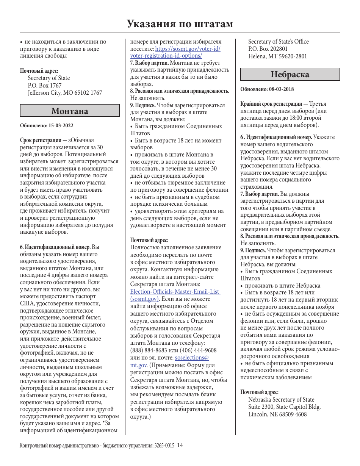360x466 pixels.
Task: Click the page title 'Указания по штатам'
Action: click(x=180, y=24)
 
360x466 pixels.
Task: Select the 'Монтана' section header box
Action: click(x=70, y=111)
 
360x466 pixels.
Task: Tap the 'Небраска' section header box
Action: click(x=290, y=74)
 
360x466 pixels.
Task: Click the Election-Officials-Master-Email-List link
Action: click(x=175, y=292)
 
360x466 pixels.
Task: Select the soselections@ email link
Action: click(x=191, y=358)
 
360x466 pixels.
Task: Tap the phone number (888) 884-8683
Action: click(x=147, y=350)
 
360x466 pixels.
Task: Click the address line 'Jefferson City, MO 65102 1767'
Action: click(x=65, y=93)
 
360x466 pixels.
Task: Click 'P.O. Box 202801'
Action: click(x=268, y=49)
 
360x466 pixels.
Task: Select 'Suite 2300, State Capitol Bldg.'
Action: click(x=284, y=407)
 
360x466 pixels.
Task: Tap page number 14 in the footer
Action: click(x=180, y=446)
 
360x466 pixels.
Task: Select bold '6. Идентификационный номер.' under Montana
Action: click(x=55, y=247)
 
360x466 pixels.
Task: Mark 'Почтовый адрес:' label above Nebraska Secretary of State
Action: click(x=260, y=392)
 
